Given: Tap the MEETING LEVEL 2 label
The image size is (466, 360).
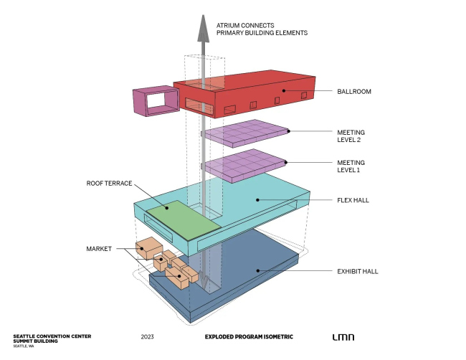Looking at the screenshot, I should [351, 136].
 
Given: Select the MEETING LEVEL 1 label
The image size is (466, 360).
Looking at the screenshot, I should [351, 166].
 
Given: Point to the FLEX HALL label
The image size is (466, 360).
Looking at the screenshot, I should [353, 200].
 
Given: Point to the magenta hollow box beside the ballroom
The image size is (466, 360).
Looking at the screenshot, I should [153, 100].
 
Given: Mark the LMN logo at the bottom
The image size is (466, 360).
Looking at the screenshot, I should [343, 336].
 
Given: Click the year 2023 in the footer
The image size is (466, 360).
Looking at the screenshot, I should [148, 336].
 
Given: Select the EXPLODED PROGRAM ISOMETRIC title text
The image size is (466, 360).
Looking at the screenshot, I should [249, 336].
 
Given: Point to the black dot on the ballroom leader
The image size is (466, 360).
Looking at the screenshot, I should [283, 91].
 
